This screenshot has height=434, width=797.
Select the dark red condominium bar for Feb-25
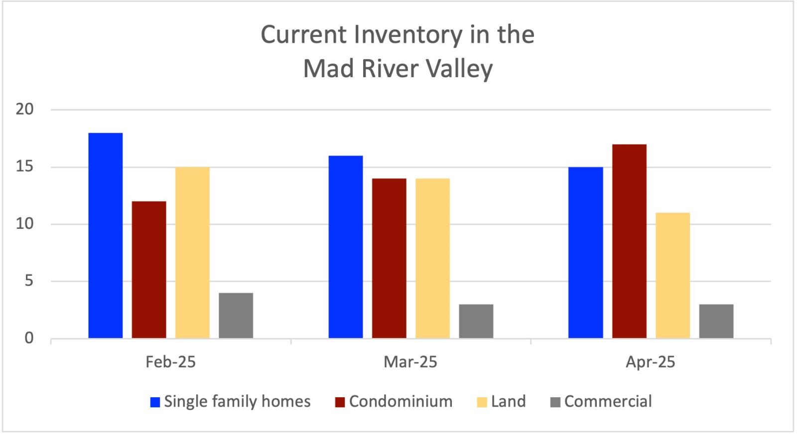point(149,270)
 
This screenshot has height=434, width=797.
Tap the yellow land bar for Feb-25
point(192,252)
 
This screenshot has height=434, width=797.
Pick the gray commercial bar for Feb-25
point(236,316)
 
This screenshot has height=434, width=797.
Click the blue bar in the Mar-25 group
point(346,247)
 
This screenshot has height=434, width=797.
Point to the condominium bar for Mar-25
point(389,258)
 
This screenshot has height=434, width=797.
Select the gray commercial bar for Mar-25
point(476,321)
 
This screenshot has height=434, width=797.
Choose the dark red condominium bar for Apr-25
point(629,241)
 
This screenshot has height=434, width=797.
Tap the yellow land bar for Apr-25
point(672,275)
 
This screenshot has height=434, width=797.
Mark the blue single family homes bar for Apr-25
point(586,252)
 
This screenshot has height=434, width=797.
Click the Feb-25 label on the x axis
point(170,362)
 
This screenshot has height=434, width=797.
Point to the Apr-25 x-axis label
point(650,362)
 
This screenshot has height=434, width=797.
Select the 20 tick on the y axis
point(25,109)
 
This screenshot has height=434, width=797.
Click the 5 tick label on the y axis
point(29,281)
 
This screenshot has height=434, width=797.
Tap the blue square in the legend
point(155,402)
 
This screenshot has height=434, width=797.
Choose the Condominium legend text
point(400,402)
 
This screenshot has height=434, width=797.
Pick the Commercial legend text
point(608,402)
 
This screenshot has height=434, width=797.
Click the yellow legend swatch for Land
point(482,402)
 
